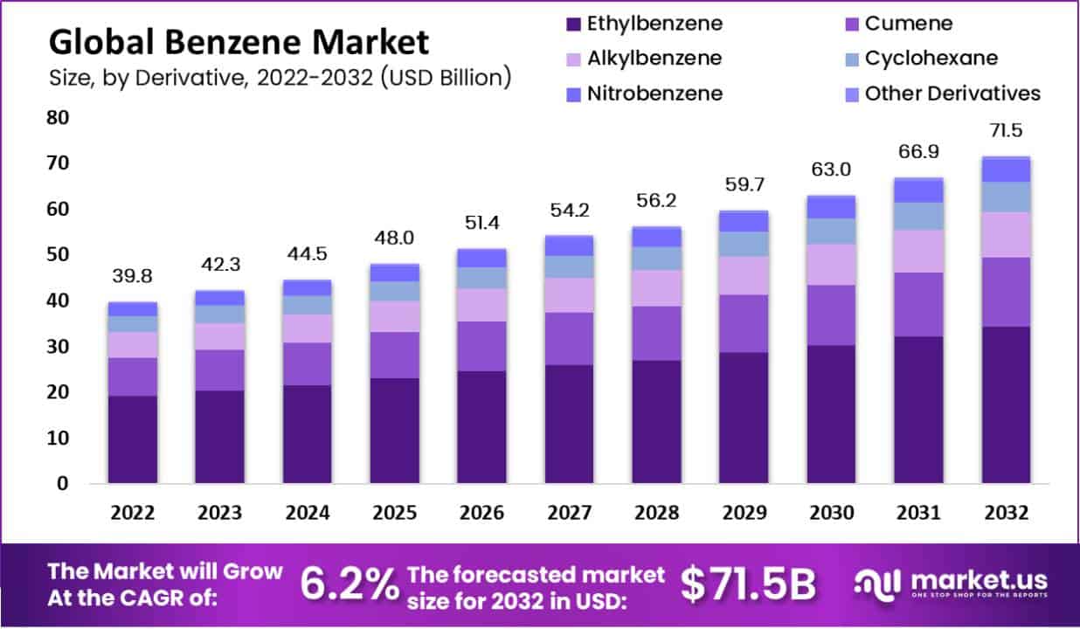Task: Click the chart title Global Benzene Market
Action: (x=239, y=41)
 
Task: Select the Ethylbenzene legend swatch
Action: (x=573, y=24)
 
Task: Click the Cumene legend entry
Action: (x=909, y=24)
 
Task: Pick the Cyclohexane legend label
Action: (x=931, y=59)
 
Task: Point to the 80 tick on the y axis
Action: (x=59, y=118)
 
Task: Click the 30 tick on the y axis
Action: (x=59, y=347)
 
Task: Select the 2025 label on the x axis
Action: (x=395, y=513)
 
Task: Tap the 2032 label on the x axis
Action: (x=1006, y=513)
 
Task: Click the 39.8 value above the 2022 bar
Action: (x=133, y=277)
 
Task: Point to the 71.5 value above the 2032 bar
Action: (x=1006, y=131)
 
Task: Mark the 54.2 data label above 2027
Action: (x=570, y=211)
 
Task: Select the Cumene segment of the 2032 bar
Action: (x=1006, y=292)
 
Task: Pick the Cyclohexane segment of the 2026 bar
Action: (x=482, y=278)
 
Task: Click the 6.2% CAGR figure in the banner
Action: (x=350, y=585)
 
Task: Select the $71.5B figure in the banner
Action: (x=747, y=585)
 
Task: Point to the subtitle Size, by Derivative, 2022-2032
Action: (x=280, y=78)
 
